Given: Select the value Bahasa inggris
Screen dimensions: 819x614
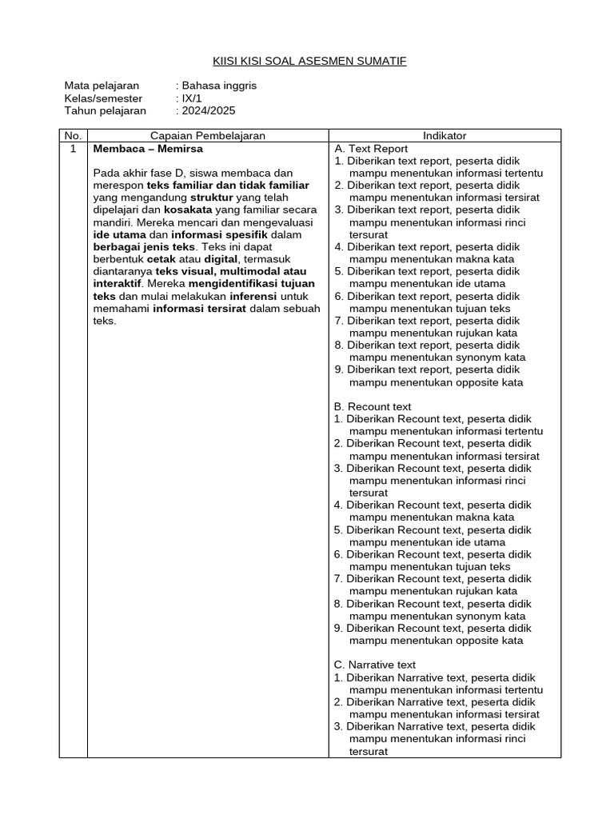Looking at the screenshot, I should point(219,86).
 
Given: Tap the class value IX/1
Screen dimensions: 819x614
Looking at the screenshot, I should point(191,98).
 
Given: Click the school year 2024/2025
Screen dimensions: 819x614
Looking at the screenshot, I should point(209,111).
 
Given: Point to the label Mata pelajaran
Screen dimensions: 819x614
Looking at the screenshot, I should point(102,86).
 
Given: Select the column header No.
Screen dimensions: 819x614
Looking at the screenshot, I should point(74,136).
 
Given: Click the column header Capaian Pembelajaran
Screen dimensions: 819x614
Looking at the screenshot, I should point(208,136).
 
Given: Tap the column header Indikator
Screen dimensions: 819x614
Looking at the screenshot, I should point(445,136).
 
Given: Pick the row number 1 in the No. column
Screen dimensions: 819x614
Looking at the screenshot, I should point(74,149).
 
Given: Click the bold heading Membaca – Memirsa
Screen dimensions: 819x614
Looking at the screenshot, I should point(148,149).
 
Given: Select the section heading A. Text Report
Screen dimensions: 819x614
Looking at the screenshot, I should point(371,149).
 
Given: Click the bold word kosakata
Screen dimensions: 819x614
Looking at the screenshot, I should point(188,210).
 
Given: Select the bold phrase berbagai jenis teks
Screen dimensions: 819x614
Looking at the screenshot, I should point(144,247).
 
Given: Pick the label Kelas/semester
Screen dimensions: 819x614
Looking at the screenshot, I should point(103,98).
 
